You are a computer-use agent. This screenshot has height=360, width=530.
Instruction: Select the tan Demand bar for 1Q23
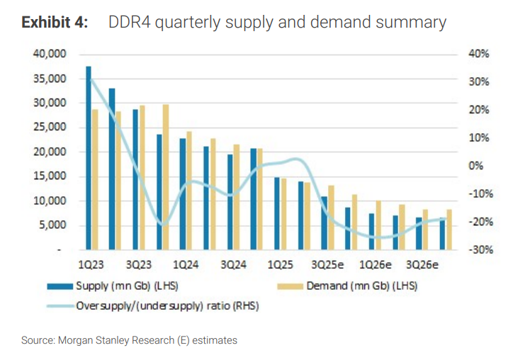pyautogui.click(x=95, y=180)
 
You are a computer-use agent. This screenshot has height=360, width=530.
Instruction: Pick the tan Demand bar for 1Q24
pyautogui.click(x=188, y=191)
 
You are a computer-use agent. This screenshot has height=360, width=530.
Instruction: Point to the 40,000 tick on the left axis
pyautogui.click(x=47, y=54)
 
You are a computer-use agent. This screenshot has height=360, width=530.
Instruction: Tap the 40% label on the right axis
pyautogui.click(x=474, y=54)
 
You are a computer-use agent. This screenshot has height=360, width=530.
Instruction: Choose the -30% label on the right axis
pyautogui.click(x=474, y=250)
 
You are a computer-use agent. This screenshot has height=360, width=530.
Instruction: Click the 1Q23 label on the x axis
pyautogui.click(x=91, y=265)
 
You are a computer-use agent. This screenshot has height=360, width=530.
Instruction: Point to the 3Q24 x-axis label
pyautogui.click(x=233, y=265)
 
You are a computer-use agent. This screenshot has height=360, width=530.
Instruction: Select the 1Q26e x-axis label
pyautogui.click(x=376, y=265)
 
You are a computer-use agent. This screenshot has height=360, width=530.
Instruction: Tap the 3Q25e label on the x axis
pyautogui.click(x=329, y=265)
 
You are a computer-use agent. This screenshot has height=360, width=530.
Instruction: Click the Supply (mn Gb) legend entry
pyautogui.click(x=132, y=286)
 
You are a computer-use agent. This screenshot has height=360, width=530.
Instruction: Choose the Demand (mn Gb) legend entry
pyautogui.click(x=365, y=286)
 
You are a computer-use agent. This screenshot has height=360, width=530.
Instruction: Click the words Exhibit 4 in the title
pyautogui.click(x=55, y=23)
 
